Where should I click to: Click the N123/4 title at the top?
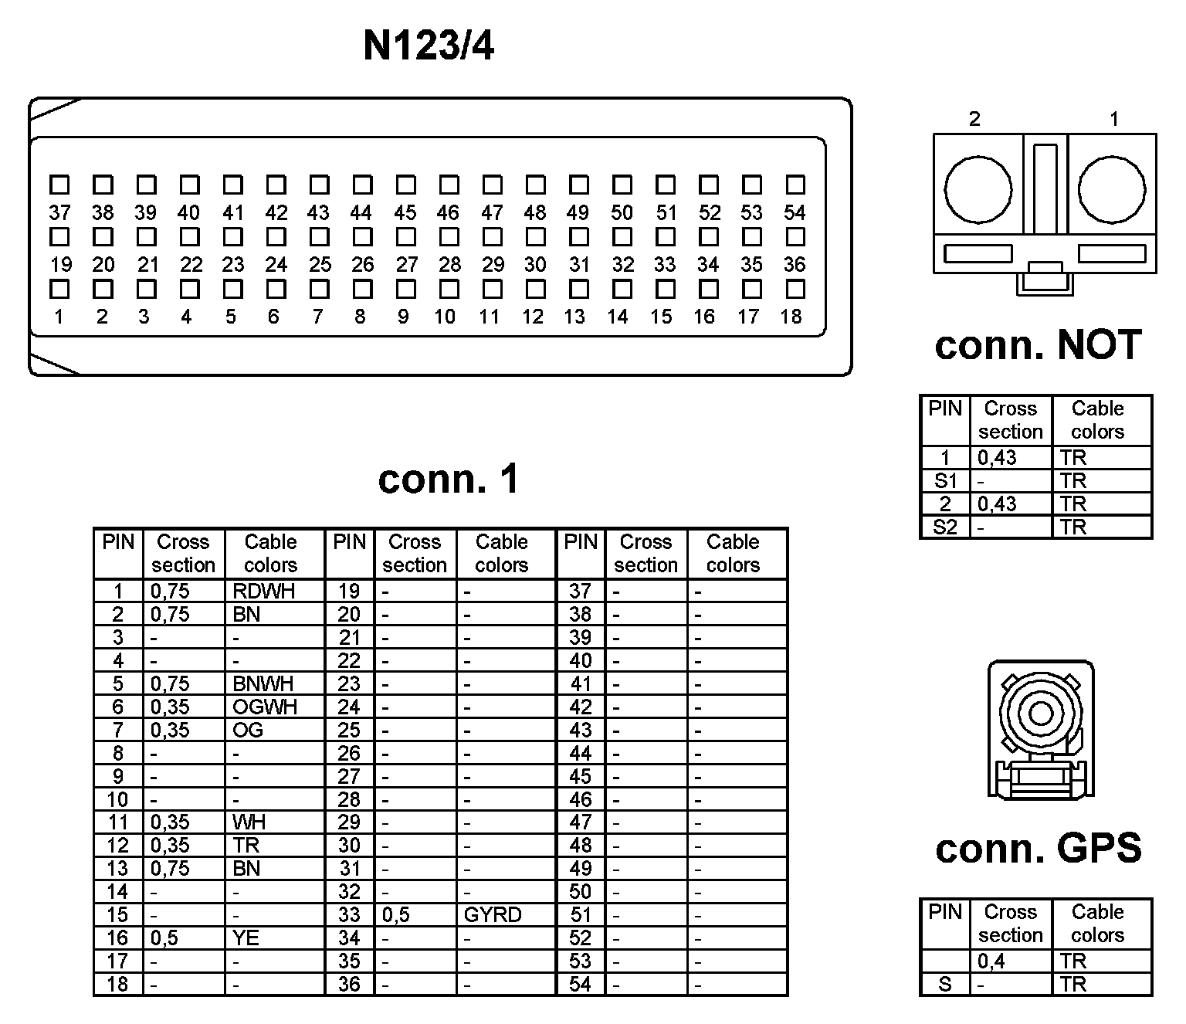tap(429, 46)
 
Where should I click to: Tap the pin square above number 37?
tap(59, 185)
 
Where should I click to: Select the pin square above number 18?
tap(795, 290)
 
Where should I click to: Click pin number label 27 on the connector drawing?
tap(407, 265)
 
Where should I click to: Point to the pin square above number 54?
tap(795, 185)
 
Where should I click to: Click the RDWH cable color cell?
tap(263, 592)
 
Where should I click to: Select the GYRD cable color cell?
tap(493, 915)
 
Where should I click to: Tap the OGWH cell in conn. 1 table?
tap(264, 707)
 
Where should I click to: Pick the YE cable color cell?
tap(246, 938)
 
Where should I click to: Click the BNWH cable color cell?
tap(263, 684)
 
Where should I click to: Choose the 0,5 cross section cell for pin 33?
tap(396, 915)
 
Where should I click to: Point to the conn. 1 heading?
tap(449, 480)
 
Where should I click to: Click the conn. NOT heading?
tap(1038, 345)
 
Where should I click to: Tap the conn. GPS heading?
tap(1038, 849)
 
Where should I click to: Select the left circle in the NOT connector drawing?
tap(978, 189)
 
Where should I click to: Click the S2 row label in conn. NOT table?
tap(945, 527)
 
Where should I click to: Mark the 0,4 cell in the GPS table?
tap(991, 961)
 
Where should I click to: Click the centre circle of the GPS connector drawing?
tap(1040, 713)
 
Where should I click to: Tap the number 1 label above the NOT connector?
tap(1113, 119)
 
